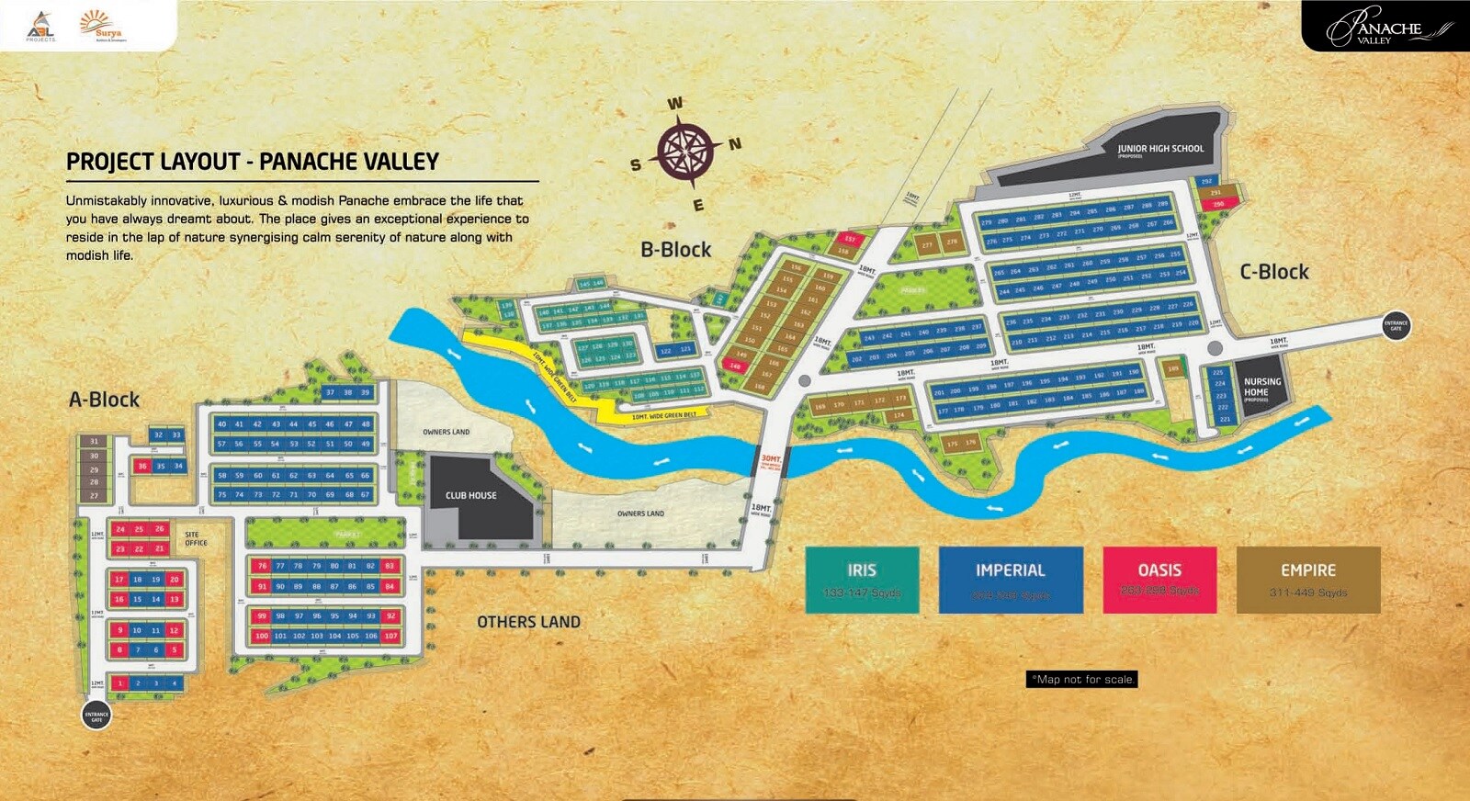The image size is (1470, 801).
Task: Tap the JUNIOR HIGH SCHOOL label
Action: [x=1159, y=149]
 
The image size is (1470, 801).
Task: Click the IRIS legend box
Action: [x=861, y=580]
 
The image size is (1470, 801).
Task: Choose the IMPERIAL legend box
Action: [x=1010, y=580]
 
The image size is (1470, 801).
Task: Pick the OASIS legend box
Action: [x=1159, y=580]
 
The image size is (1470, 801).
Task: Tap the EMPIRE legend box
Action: [x=1308, y=580]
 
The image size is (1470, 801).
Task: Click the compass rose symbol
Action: [x=684, y=151]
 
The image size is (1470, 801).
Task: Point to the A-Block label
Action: [x=105, y=400]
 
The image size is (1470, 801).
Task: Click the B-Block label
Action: [x=675, y=250]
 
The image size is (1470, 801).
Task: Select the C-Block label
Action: [x=1273, y=272]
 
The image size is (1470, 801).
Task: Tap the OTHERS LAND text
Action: [x=528, y=622]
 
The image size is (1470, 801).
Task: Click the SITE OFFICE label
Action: [x=196, y=538]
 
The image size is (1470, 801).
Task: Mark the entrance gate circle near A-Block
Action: [x=96, y=715]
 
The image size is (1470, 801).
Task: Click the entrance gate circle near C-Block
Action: [x=1396, y=325]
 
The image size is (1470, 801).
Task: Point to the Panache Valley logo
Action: [x=1385, y=27]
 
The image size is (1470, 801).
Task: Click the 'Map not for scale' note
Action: [x=1082, y=680]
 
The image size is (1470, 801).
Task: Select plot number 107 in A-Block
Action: [x=390, y=636]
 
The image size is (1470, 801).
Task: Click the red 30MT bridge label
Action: [x=770, y=458]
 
